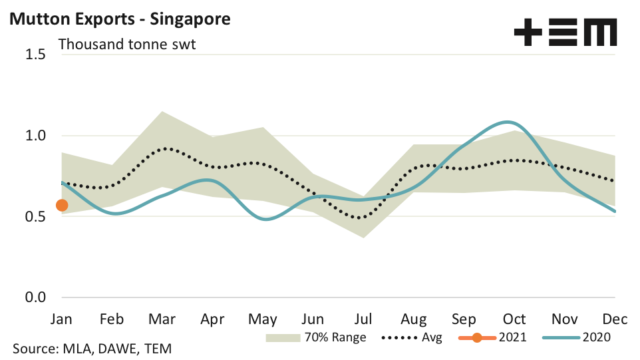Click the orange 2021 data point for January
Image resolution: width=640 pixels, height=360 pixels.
62,205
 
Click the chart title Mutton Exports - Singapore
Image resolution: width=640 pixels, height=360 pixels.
119,19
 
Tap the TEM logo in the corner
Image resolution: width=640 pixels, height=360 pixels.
565,32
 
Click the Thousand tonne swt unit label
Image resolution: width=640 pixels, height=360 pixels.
128,45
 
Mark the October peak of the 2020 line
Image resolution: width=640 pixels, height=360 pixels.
509,122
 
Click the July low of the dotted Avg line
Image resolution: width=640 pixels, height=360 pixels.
360,218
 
